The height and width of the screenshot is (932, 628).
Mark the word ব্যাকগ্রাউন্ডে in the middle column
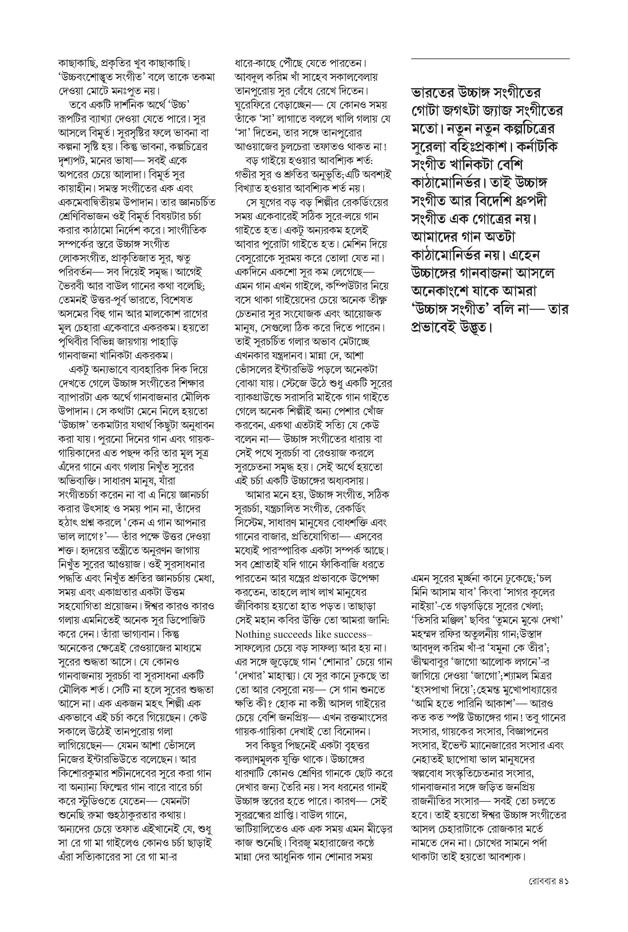click(260, 398)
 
